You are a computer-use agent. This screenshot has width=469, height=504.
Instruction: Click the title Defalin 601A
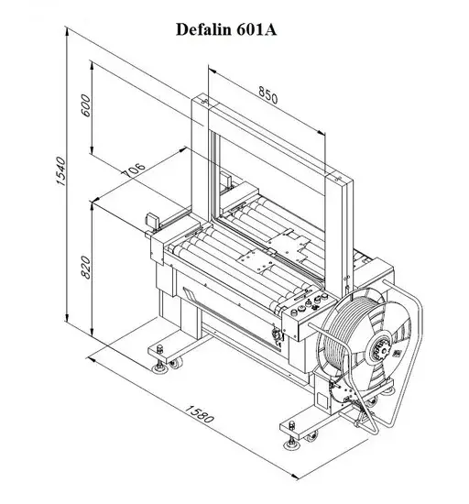click(x=226, y=29)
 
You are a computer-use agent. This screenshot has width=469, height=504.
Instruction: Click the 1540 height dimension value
click(x=61, y=170)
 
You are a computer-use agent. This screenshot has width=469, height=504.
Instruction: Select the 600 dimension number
click(x=86, y=105)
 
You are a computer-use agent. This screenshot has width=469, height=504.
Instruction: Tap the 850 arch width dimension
click(x=267, y=95)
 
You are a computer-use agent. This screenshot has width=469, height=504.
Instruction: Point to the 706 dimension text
click(x=134, y=170)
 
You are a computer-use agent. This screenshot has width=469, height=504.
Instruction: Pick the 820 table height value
click(x=86, y=267)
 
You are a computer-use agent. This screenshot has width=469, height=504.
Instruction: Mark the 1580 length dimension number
click(x=199, y=414)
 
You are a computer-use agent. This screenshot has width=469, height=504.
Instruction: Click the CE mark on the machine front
click(x=278, y=345)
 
